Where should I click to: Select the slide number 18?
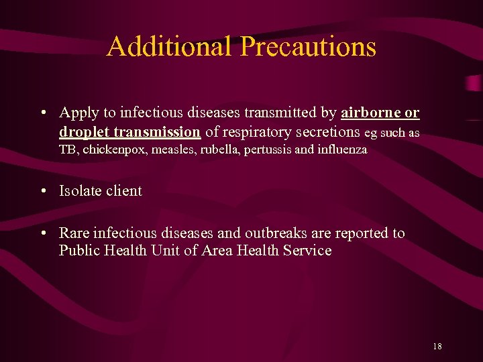pos(437,346)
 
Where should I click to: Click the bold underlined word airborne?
pos(371,112)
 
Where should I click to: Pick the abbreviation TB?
pos(68,150)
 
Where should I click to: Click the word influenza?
pos(342,150)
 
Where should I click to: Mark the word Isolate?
pos(79,191)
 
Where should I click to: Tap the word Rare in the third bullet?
pos(74,233)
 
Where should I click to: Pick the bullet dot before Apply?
pos(42,113)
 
